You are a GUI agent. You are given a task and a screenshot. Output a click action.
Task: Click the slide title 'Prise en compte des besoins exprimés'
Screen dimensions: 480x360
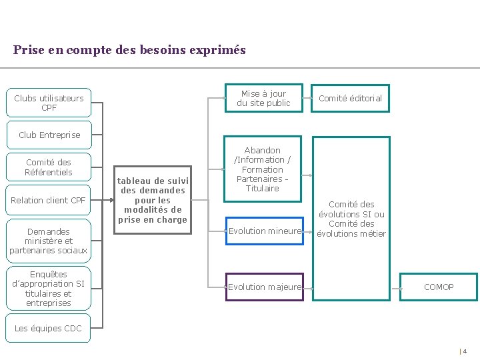point(129,50)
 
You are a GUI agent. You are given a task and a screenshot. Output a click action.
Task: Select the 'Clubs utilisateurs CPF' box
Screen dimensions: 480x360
point(49,103)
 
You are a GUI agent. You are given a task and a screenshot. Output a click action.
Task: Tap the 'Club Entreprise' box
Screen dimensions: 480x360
point(49,135)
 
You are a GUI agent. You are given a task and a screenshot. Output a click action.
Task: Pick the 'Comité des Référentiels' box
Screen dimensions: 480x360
point(49,167)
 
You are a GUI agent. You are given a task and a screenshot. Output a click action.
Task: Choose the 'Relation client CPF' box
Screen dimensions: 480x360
point(49,200)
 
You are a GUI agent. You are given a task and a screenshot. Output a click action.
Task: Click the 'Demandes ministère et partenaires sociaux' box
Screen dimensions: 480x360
point(49,241)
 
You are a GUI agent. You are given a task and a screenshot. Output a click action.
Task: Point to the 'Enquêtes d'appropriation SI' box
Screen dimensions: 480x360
point(49,289)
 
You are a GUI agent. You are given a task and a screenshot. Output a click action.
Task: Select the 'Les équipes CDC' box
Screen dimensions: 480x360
point(49,328)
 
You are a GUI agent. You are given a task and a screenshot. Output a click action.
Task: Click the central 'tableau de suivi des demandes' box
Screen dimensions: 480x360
point(153,200)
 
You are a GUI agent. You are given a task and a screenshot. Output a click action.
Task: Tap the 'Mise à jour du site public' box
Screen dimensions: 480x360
point(263,99)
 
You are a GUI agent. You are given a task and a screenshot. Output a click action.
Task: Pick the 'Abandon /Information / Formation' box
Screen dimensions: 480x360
point(263,169)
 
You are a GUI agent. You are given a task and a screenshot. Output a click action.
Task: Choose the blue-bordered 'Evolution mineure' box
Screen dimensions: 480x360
point(265,231)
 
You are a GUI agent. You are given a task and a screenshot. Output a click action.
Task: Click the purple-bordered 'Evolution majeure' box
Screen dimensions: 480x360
point(265,287)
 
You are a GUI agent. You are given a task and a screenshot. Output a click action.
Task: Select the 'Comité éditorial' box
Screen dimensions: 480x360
point(350,99)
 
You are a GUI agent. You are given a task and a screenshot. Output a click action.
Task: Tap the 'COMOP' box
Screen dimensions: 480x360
point(439,287)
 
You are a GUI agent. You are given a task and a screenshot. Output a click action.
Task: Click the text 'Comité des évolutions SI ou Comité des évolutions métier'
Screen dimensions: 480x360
point(351,219)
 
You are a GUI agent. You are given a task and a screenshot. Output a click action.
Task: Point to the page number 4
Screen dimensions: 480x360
point(465,351)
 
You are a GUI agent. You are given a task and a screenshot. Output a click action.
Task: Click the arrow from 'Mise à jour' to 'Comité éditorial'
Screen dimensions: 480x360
point(308,99)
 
